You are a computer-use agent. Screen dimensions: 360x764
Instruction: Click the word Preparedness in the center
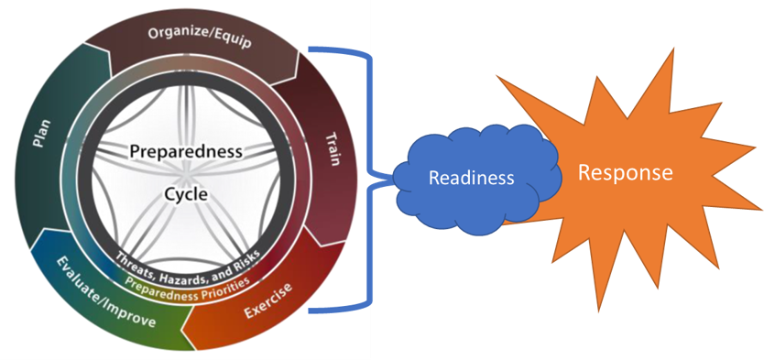point(186,149)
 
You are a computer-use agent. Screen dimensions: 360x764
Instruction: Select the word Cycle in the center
point(186,194)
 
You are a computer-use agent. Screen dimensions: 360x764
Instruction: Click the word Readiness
point(471,178)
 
